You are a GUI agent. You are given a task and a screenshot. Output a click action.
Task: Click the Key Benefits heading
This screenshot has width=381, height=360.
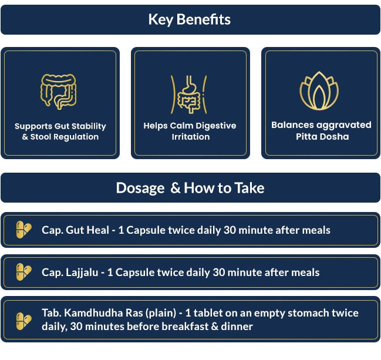(x=189, y=19)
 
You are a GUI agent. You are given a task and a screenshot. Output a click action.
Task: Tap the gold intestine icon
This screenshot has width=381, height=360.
(x=58, y=92)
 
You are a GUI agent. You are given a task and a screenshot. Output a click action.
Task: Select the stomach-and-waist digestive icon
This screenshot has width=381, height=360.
(x=189, y=95)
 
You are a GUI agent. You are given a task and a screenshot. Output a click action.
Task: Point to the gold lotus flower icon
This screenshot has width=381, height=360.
(x=319, y=90)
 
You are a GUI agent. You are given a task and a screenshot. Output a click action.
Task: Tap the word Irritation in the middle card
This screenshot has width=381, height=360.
(x=190, y=137)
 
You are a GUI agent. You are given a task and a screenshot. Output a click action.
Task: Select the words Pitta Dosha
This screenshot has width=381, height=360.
(x=322, y=137)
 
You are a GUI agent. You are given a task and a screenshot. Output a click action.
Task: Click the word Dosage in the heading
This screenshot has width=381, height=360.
(x=140, y=188)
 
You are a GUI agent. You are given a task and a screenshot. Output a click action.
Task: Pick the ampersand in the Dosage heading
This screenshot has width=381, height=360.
(x=175, y=188)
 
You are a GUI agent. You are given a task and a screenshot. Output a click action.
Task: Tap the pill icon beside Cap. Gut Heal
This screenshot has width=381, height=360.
(x=23, y=230)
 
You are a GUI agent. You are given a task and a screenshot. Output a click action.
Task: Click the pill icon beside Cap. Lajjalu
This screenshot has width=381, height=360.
(x=23, y=272)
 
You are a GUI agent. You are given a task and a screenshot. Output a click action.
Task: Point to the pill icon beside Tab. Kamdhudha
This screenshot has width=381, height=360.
(x=23, y=321)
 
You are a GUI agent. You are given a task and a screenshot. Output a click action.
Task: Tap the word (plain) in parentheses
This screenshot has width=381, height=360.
(x=161, y=313)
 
